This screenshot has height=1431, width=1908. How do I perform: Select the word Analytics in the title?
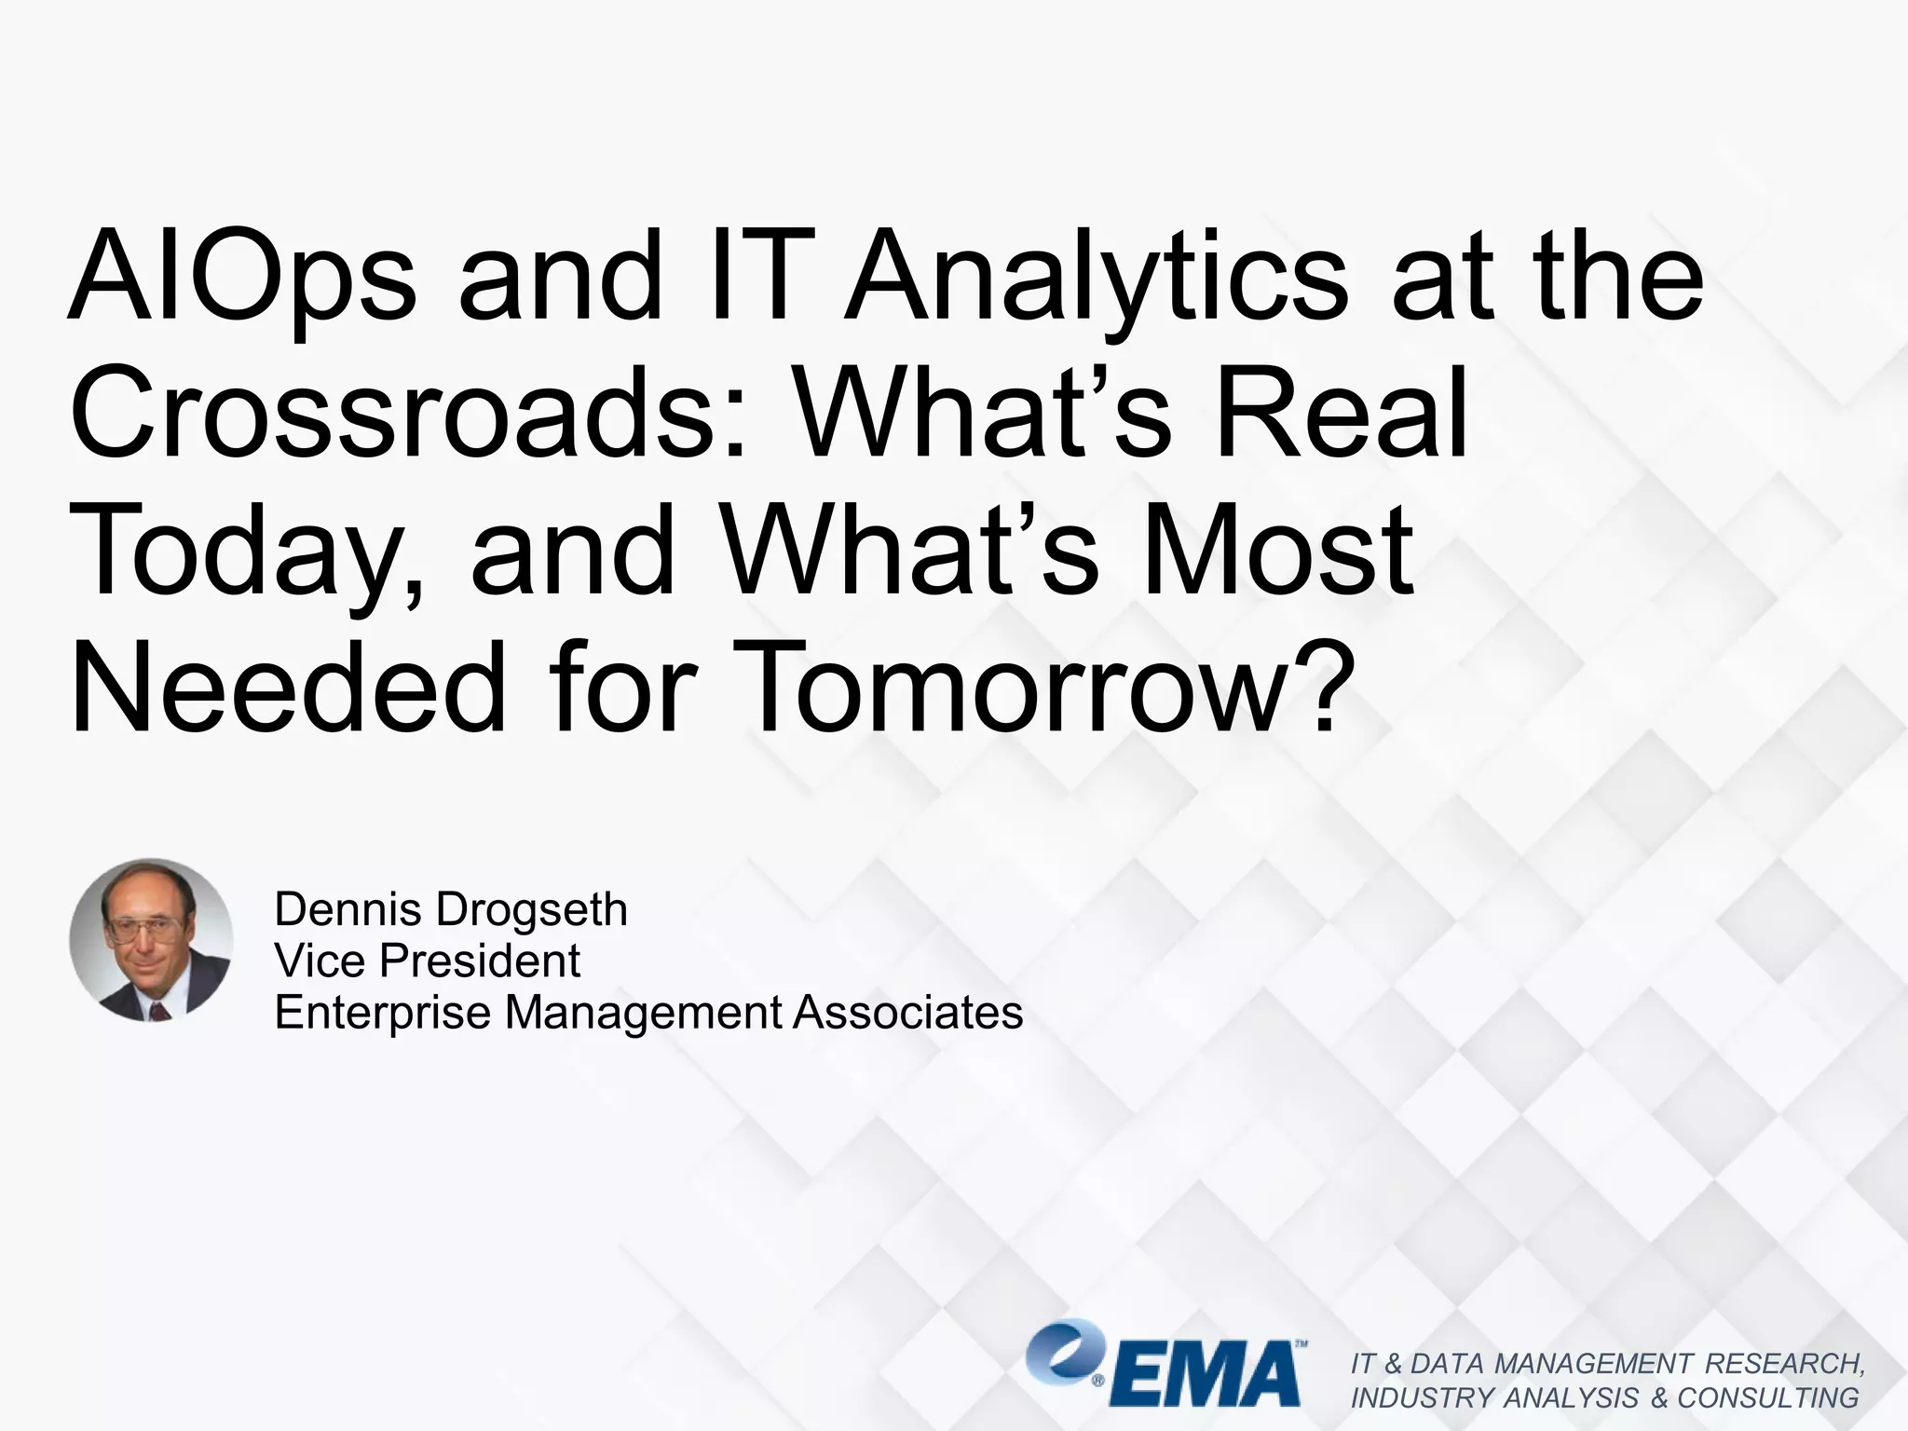1095,277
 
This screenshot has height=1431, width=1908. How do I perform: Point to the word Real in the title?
1342,413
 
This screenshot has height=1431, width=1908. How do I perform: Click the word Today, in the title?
248,552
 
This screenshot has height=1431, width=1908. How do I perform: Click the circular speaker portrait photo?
151,939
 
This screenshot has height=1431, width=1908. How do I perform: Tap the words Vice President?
427,961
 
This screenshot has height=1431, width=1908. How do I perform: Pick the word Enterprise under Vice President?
382,1013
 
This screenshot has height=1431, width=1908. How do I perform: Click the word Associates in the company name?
907,1012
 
